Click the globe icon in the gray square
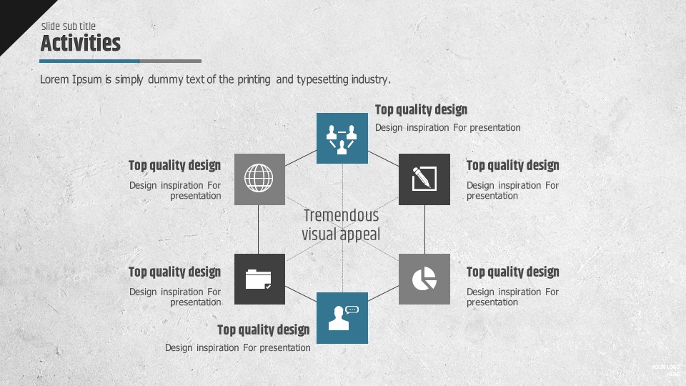click(259, 178)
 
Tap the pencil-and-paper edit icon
click(424, 178)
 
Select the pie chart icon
click(424, 279)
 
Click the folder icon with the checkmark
click(259, 279)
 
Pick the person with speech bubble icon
click(342, 317)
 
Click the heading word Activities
click(81, 43)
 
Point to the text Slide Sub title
click(69, 26)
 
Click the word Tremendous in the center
click(342, 215)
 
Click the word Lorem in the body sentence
click(54, 79)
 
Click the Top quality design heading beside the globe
click(174, 166)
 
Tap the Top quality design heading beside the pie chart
click(513, 272)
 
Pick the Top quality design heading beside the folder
click(174, 272)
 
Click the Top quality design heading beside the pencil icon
click(513, 166)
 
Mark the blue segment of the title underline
click(90, 61)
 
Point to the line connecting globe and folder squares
click(258, 229)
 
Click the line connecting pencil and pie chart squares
click(424, 229)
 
